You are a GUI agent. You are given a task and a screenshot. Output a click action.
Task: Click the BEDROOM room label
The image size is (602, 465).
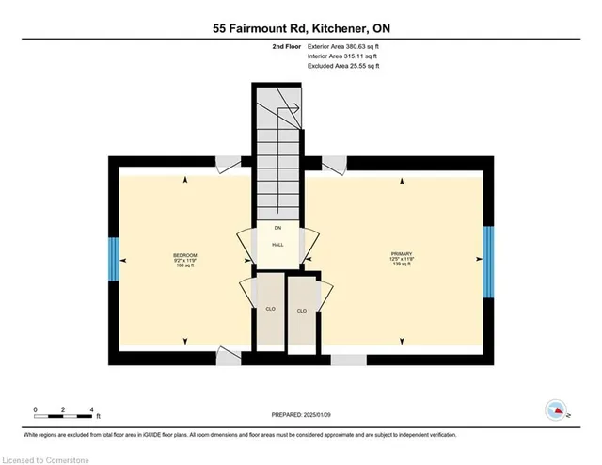click(184, 255)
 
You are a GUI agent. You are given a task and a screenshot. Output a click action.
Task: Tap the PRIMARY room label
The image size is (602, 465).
click(402, 255)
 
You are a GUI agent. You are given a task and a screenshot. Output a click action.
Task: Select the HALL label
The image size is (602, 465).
click(277, 245)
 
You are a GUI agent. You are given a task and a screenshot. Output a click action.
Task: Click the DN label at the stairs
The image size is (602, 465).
click(277, 229)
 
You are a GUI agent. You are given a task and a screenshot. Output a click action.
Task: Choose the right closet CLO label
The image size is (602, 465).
click(302, 311)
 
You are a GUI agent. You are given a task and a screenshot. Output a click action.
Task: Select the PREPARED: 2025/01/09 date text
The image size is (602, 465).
click(301, 413)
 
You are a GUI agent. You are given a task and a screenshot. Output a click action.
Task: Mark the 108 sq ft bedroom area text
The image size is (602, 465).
click(184, 266)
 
